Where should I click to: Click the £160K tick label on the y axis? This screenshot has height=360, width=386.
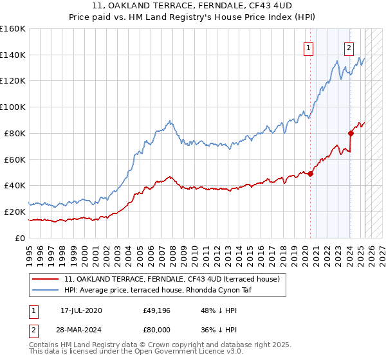tap(13, 29)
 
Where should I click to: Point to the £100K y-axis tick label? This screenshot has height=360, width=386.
tap(13, 107)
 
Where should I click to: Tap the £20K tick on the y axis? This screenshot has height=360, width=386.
tap(15, 212)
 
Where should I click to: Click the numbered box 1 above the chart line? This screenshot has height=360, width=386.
tap(308, 47)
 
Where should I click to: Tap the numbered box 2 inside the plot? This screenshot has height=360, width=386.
tap(349, 47)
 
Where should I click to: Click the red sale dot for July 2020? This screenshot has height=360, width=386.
tap(310, 173)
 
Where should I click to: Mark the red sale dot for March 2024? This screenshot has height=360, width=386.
tap(351, 133)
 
